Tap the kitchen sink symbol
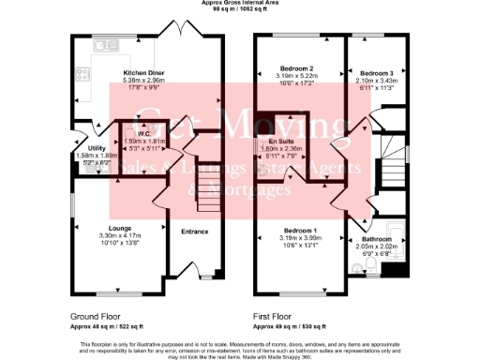click(98, 44)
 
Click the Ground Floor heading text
click(97, 316)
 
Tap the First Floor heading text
click(274, 316)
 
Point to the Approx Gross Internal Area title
click(241, 4)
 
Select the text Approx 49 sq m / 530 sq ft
click(290, 325)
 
